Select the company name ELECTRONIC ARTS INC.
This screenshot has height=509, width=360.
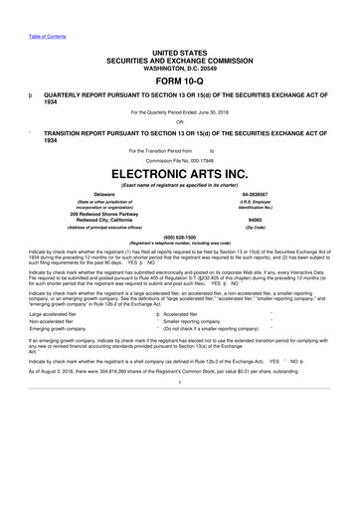coord(179,172)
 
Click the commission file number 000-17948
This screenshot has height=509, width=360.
coord(203,159)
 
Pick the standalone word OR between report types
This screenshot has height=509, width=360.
coord(179,123)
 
